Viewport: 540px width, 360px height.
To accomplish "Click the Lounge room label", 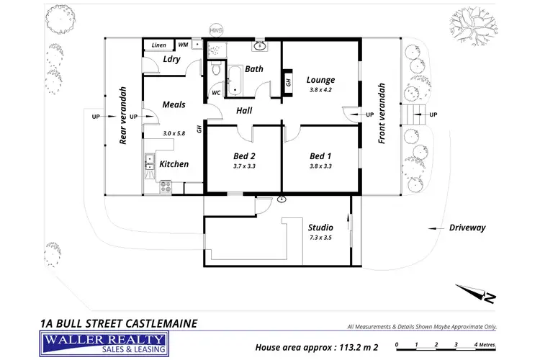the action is [320, 79].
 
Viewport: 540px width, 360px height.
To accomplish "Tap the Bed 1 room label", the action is [320, 156].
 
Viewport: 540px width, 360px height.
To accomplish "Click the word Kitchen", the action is [174, 164].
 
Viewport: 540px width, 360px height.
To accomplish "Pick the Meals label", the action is [174, 104].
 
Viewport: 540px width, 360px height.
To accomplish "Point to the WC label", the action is [216, 93].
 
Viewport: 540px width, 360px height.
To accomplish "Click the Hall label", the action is [245, 110].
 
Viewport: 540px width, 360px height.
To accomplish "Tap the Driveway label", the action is [467, 228].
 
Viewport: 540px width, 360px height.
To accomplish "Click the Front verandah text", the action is [382, 114].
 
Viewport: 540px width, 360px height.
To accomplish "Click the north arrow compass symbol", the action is [475, 292].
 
